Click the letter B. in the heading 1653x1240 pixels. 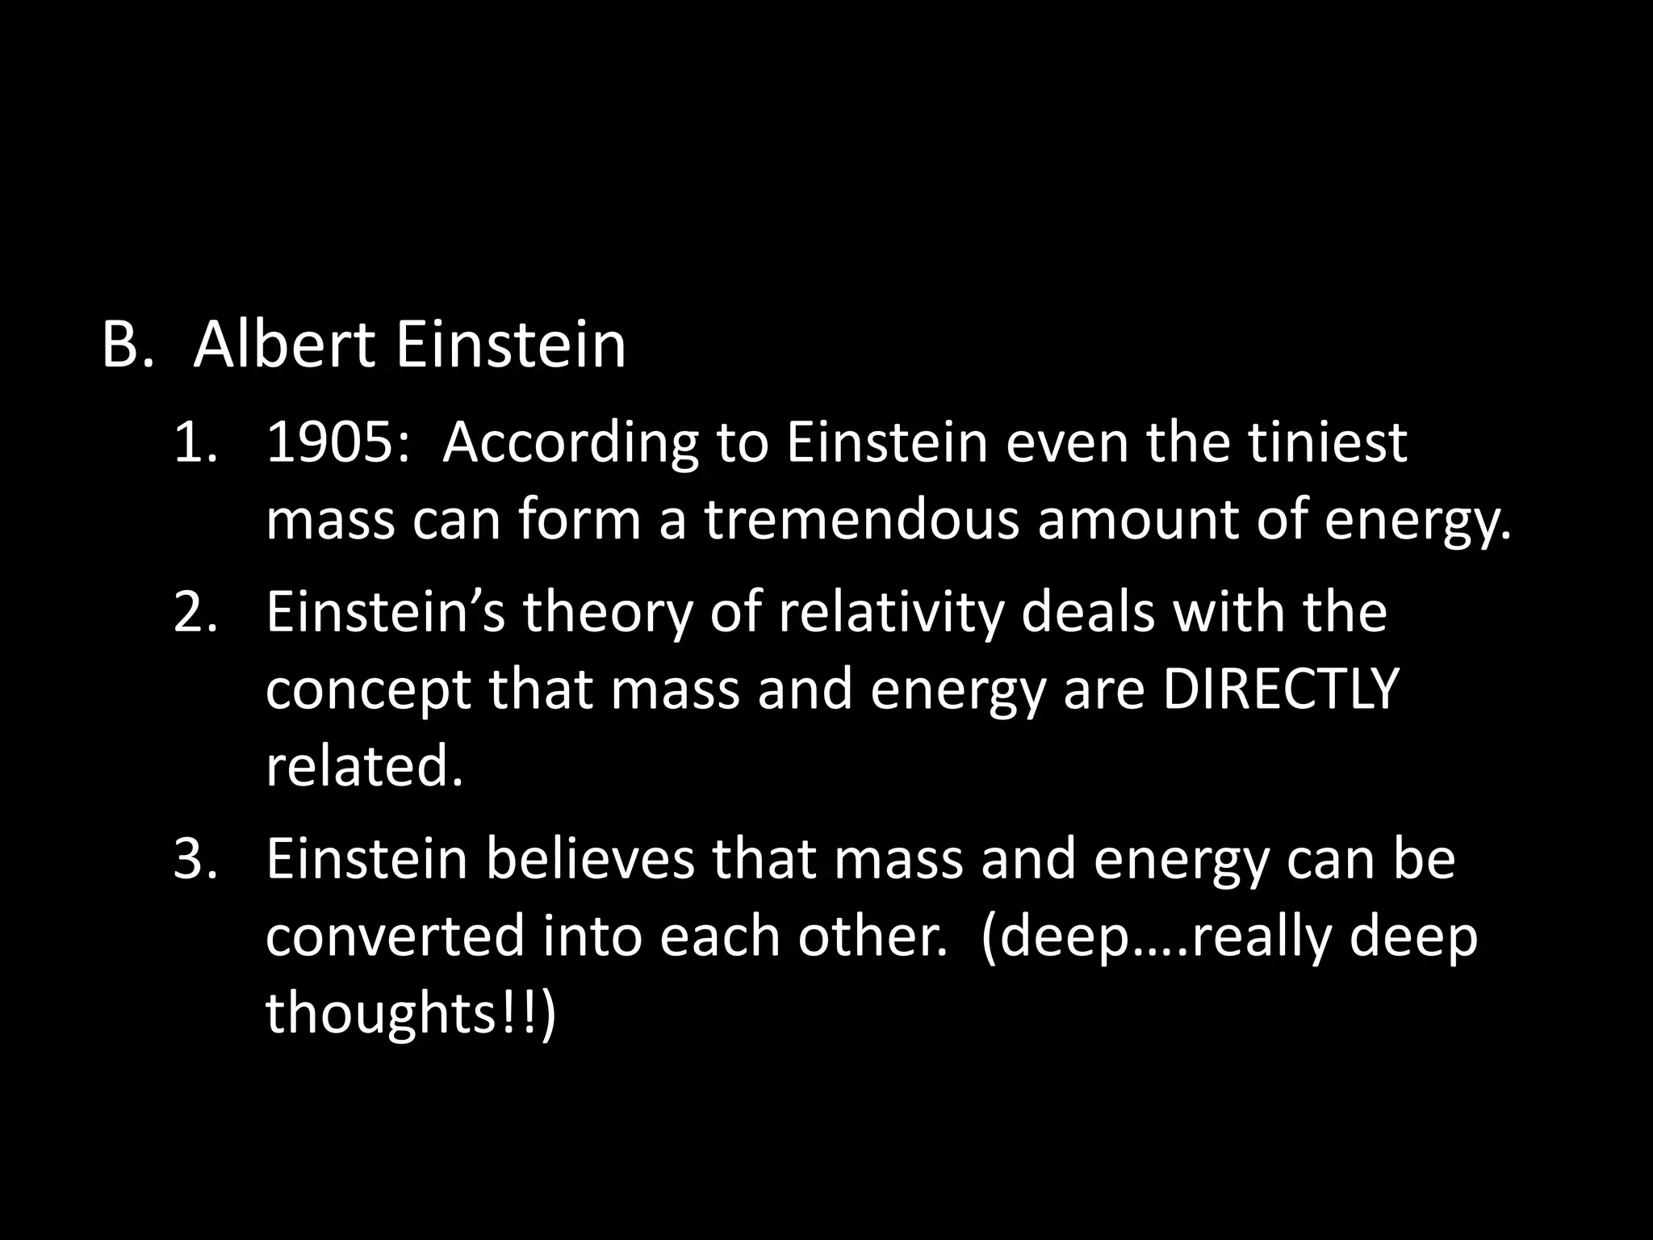tap(127, 346)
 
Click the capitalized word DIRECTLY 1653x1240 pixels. tap(1279, 689)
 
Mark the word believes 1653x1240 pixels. tap(590, 859)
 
